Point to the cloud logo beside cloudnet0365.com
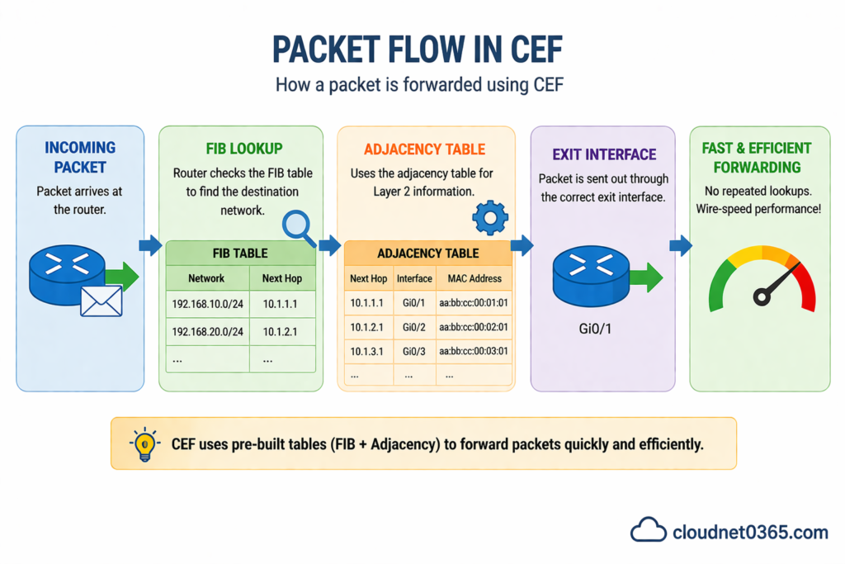point(648,530)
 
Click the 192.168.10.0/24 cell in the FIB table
point(206,304)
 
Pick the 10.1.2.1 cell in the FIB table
point(281,331)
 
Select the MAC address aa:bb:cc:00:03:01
point(473,351)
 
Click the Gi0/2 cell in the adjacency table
point(414,327)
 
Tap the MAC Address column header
point(473,279)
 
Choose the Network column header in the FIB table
point(206,278)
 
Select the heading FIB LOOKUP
point(242,149)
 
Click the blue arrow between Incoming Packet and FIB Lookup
point(150,244)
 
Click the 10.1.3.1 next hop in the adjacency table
point(367,351)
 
